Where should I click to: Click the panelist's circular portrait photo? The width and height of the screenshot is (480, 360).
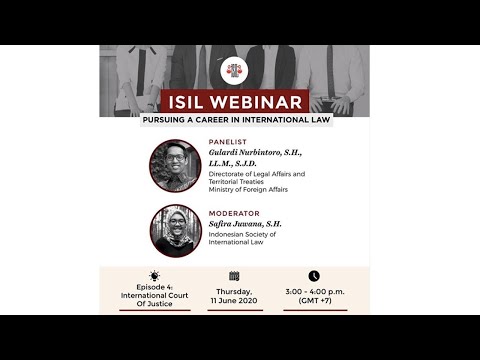point(175,165)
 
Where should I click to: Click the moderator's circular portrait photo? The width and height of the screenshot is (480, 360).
point(175,231)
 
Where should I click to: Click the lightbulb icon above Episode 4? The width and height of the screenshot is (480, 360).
point(154,276)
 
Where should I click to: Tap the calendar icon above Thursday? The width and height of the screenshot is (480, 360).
point(234,276)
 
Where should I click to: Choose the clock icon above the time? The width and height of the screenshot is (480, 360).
point(314,276)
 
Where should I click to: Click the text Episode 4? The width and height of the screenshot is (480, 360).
point(154,289)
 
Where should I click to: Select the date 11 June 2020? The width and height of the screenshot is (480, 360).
point(235,300)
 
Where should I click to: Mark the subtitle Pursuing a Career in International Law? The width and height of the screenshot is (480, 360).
point(236,121)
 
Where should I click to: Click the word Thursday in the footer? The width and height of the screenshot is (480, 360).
point(235,289)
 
